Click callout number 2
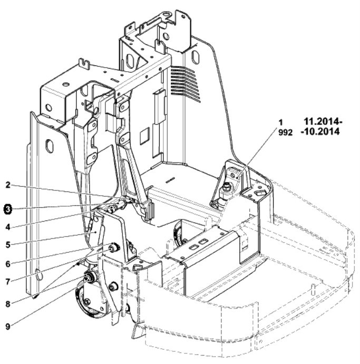pyautogui.click(x=8, y=185)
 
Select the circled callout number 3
pyautogui.click(x=8, y=209)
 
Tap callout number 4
pyautogui.click(x=8, y=227)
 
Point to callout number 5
pyautogui.click(x=8, y=245)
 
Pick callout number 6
pyautogui.click(x=8, y=264)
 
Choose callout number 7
pyautogui.click(x=8, y=282)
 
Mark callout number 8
pyautogui.click(x=8, y=304)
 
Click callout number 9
pyautogui.click(x=8, y=327)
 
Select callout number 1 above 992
pyautogui.click(x=281, y=122)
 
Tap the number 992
pyautogui.click(x=285, y=132)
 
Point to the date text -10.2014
pyautogui.click(x=320, y=131)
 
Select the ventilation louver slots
pyautogui.click(x=186, y=83)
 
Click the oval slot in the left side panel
pyautogui.click(x=50, y=146)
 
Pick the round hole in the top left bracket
pyautogui.click(x=48, y=108)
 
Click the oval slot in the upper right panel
pyautogui.click(x=196, y=56)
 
